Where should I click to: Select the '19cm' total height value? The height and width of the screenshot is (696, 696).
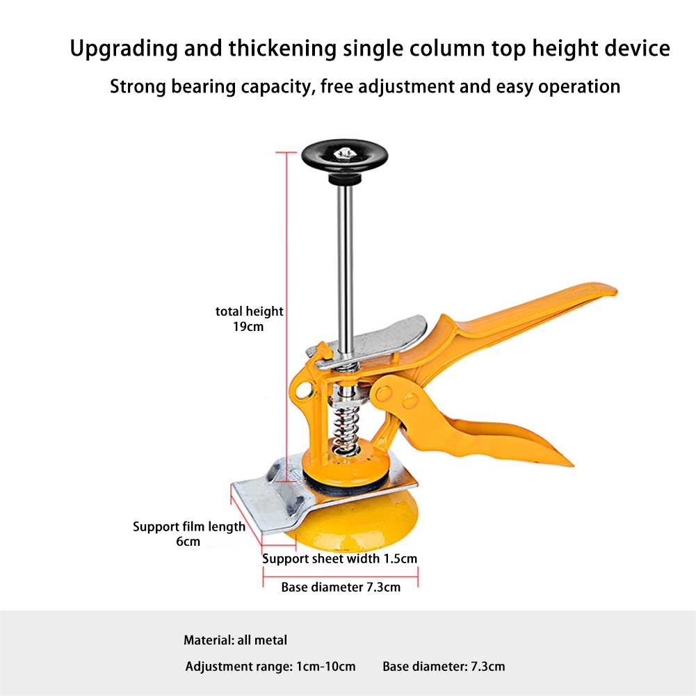click(x=249, y=326)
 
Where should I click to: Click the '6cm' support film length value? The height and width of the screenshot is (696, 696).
click(x=188, y=542)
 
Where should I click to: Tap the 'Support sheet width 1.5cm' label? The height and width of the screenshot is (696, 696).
click(x=339, y=558)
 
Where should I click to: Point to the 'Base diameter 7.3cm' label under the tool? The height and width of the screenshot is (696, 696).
click(x=341, y=588)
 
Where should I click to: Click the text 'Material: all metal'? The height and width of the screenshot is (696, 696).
click(x=235, y=640)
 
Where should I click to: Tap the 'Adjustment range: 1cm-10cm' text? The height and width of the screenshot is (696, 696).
click(x=270, y=666)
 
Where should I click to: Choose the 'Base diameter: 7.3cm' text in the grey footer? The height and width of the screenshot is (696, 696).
click(x=444, y=666)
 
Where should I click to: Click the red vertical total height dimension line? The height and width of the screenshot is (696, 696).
click(x=286, y=313)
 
